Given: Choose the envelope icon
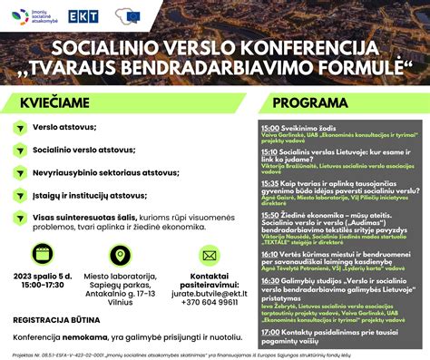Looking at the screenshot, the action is (209, 256).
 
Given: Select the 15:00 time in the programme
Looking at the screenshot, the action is (269, 130).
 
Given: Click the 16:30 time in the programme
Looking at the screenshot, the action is (269, 281).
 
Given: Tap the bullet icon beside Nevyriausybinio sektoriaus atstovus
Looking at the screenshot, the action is (18, 171).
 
